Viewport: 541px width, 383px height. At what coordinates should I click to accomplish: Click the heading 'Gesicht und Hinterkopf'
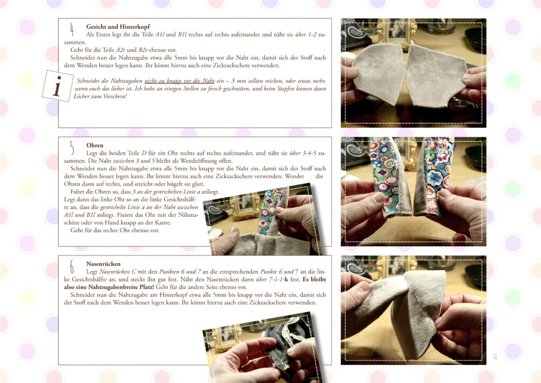click(x=118, y=26)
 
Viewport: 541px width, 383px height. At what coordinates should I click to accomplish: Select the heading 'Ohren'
click(x=95, y=145)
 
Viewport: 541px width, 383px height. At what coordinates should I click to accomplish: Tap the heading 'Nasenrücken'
click(x=103, y=264)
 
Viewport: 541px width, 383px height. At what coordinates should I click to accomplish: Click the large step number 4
click(x=72, y=30)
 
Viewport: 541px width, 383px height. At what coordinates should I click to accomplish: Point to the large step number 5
click(x=72, y=148)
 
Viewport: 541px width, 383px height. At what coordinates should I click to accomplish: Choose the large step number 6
click(x=72, y=267)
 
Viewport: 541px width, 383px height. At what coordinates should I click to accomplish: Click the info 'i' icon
click(x=57, y=86)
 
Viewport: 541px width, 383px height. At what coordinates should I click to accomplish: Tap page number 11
click(x=495, y=357)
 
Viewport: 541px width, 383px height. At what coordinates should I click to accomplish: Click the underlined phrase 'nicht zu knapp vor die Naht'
click(x=180, y=81)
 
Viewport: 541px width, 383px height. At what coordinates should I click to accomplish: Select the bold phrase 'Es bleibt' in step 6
click(x=314, y=279)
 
